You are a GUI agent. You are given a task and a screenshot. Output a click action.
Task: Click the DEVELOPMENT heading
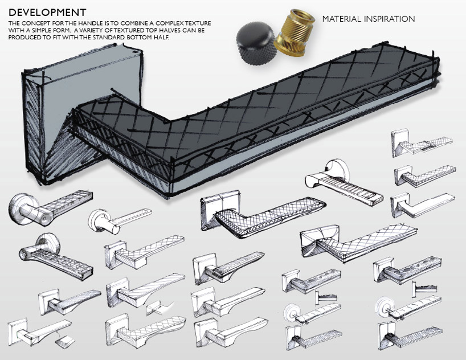(x=47, y=11)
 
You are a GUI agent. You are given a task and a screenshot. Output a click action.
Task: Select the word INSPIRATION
(x=391, y=19)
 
